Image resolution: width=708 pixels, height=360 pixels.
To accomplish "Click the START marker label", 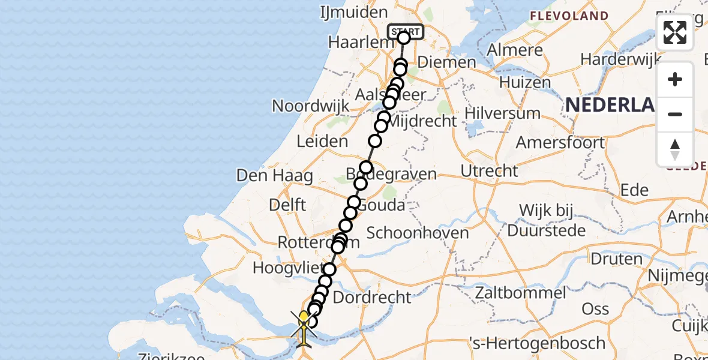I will tap(406, 31).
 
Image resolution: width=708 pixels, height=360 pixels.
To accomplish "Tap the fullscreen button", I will tap(675, 32).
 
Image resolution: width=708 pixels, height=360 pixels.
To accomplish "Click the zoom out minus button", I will tap(675, 114).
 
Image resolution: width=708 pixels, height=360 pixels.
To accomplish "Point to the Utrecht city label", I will tap(489, 171).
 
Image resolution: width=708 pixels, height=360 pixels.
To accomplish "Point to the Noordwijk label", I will tap(310, 106).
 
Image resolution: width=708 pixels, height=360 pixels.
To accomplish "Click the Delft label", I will tap(287, 205).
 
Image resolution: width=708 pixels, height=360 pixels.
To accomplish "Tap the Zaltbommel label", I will tap(521, 293).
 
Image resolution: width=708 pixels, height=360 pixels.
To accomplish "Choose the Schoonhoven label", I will tap(418, 233).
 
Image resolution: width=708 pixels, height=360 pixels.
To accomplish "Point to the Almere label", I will tap(515, 50).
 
